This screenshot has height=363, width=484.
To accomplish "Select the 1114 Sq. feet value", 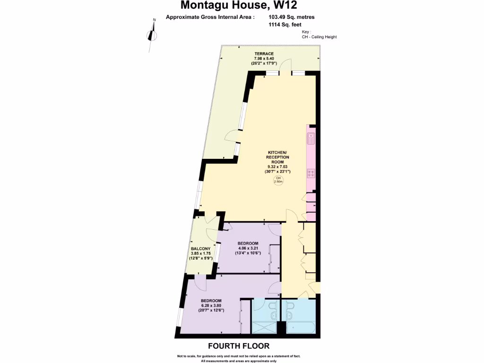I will tap(285, 25).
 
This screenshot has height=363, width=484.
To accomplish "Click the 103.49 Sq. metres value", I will tap(292, 17).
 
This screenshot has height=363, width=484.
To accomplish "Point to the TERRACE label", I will tap(264, 54).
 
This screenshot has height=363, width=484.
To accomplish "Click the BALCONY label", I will tap(200, 249).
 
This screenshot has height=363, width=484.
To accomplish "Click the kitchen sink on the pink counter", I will tap(311, 138).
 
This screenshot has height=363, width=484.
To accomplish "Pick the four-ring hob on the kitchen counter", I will tap(311, 173).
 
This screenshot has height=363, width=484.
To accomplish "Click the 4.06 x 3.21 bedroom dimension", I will tap(249, 248).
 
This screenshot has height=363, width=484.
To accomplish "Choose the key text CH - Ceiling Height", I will tap(319, 37).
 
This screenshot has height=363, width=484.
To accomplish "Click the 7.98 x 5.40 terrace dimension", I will tap(264, 59).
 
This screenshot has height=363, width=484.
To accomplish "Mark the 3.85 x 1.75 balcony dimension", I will tap(200, 253).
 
